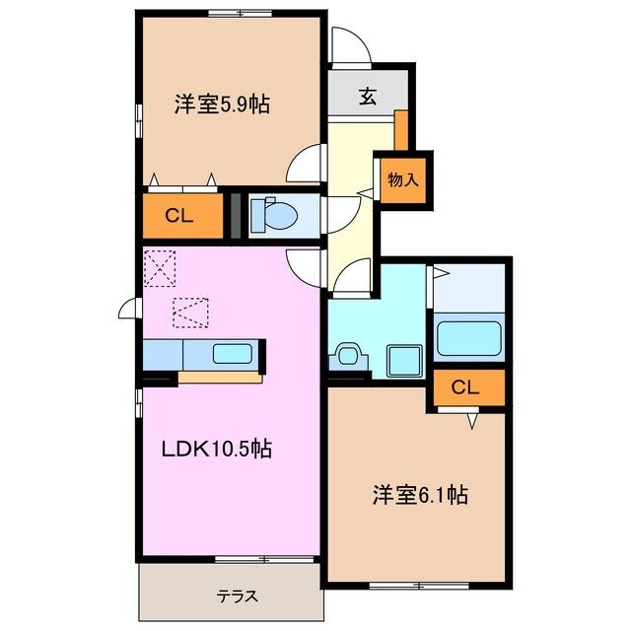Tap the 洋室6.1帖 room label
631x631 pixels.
(x=418, y=496)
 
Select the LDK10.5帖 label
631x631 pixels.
(x=217, y=450)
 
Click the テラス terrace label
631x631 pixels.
(x=237, y=596)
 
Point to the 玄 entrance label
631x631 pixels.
(x=367, y=97)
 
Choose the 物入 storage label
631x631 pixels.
(x=403, y=179)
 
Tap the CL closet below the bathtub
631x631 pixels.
(x=465, y=387)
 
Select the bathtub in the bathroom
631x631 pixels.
(x=470, y=339)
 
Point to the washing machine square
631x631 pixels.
(x=403, y=359)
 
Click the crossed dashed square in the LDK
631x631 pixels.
(x=158, y=266)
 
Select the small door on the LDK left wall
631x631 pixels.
(x=129, y=310)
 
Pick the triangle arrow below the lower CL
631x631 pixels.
(x=472, y=421)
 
